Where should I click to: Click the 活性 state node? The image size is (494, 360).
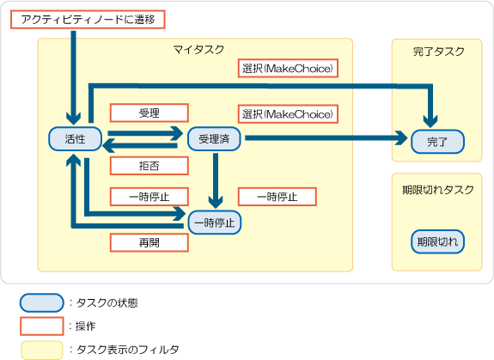(75, 139)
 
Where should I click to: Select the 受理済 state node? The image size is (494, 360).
(214, 139)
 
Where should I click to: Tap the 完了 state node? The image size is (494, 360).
(437, 142)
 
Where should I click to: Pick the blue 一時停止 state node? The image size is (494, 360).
(215, 223)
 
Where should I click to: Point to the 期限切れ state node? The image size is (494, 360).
(437, 242)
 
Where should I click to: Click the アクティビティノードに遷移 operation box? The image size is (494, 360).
(88, 20)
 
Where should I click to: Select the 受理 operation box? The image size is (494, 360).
(149, 113)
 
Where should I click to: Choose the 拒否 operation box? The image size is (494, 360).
(149, 166)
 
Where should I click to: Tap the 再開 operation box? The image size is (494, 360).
(149, 242)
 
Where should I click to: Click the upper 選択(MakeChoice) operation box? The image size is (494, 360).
(288, 68)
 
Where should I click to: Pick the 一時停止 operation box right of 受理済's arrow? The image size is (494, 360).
(277, 197)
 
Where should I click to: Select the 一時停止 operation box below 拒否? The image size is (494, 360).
(149, 197)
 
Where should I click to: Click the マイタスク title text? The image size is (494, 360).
(198, 50)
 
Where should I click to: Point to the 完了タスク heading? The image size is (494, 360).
(438, 52)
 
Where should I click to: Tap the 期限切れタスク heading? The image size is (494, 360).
(438, 190)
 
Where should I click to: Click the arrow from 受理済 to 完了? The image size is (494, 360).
(326, 138)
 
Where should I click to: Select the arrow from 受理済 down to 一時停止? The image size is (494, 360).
(216, 180)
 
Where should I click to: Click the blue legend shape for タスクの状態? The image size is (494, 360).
(42, 302)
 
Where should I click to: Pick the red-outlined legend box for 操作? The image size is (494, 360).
(42, 326)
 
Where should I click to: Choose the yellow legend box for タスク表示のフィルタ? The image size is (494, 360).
(42, 350)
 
